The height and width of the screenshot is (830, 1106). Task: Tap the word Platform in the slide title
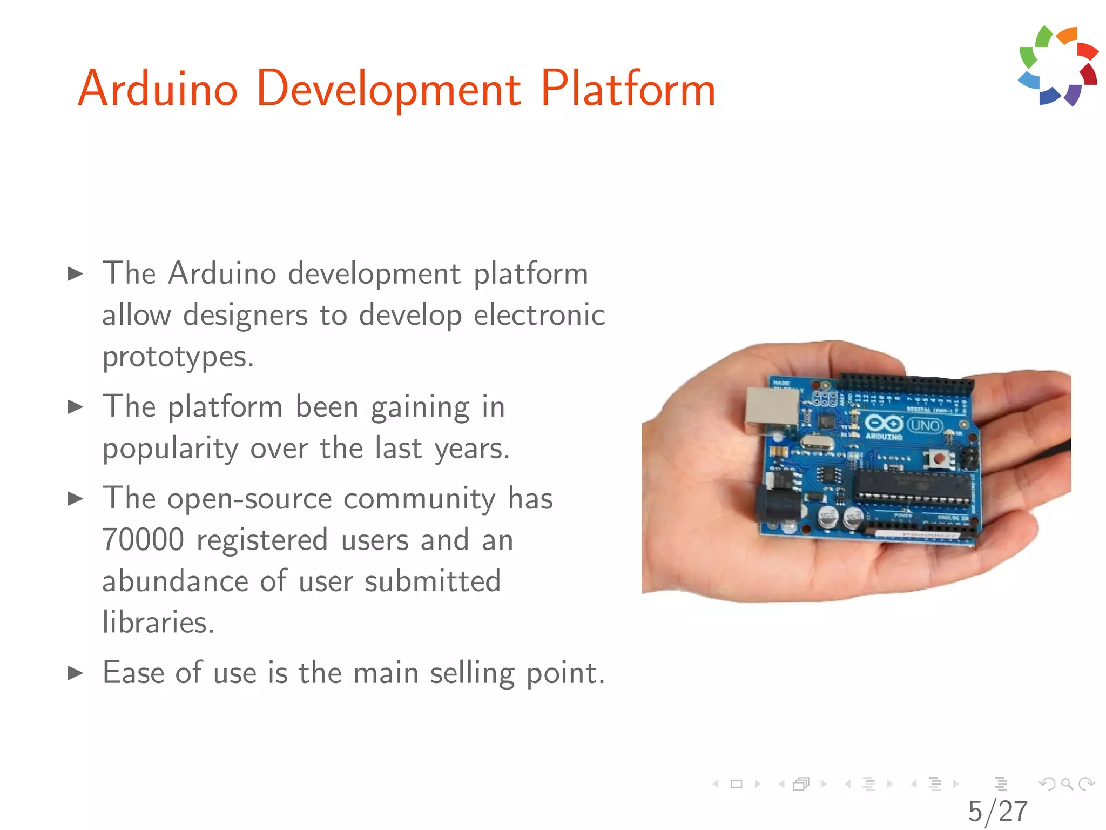point(628,89)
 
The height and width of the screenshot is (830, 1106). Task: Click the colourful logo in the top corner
point(1058,66)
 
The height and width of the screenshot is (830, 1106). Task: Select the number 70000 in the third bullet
point(144,540)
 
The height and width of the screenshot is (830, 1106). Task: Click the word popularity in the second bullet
point(171,449)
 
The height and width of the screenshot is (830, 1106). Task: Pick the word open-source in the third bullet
point(249,498)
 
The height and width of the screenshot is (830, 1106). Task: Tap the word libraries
point(158,622)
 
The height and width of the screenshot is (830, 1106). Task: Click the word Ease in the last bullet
point(133,673)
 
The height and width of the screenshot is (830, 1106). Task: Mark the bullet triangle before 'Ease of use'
point(75,673)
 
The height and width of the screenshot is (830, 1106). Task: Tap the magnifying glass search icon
point(1067,784)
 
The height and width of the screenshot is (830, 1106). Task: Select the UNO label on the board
point(925,426)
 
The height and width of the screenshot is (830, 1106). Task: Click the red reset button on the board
point(939,459)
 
